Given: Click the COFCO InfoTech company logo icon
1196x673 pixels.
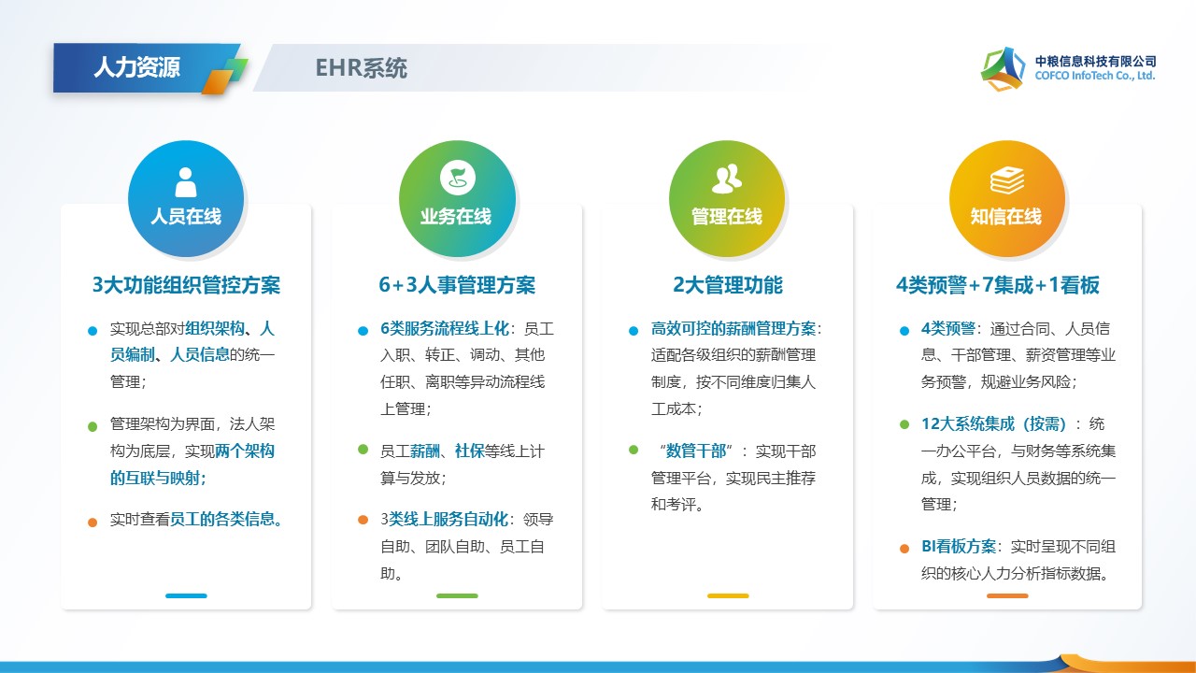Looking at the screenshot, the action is pos(1003,68).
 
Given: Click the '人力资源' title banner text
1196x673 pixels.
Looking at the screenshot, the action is pos(136,67).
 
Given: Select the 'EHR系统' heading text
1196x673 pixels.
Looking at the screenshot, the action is pos(361,68).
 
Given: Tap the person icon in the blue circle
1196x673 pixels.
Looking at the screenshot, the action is pos(186,182).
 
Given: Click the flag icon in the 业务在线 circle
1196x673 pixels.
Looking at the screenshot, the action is pos(458,178).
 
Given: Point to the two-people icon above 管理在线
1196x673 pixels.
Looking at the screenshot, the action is pos(727,179).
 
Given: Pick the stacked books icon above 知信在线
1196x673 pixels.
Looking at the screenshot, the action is pos(1007,180).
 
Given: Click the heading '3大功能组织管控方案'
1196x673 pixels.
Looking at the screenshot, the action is pos(186,285).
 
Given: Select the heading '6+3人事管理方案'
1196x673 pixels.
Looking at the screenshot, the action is pos(457,285).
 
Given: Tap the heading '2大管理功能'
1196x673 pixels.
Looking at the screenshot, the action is pos(728,285).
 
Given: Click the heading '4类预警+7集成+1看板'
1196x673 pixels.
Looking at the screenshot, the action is pos(998,285).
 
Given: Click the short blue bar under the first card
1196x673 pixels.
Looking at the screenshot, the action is pos(186,595).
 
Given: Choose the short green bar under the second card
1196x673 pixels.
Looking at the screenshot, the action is pos(457,595).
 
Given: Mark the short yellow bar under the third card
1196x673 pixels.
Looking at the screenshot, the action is pos(728,595).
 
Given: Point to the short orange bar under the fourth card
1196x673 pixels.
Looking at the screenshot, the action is pos(1007,595).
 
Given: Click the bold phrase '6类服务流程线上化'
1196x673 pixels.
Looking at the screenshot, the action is pos(445,328).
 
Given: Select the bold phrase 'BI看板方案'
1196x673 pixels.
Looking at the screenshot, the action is pos(959,546).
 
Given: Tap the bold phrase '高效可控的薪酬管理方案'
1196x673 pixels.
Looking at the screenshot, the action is pos(733,328).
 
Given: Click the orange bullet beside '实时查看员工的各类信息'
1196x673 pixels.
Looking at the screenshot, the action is pos(93,522).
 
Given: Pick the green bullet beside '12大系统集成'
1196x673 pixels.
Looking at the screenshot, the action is pos(904,424).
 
